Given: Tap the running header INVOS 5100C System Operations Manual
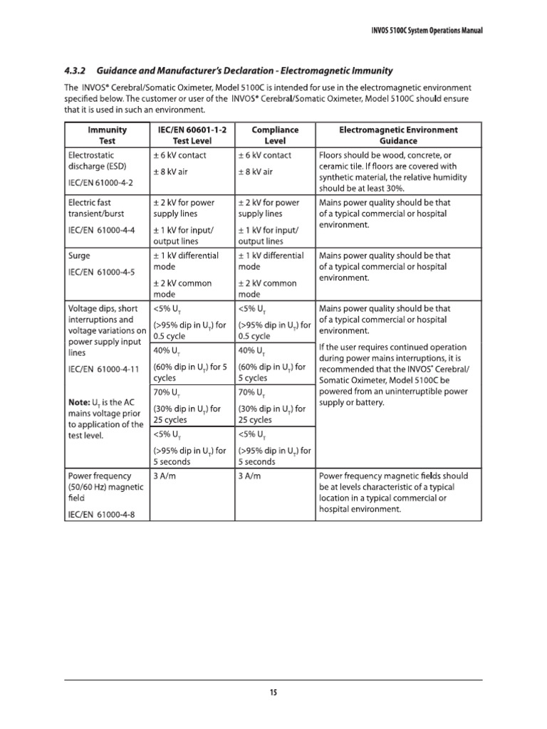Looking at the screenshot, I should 418,33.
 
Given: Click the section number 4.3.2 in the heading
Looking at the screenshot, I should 75,71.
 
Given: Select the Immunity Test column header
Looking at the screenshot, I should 107,135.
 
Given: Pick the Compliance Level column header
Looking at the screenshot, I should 275,135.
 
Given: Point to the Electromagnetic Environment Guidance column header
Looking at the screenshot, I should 398,135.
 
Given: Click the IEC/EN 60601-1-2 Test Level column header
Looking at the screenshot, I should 190,135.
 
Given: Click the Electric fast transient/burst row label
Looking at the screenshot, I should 99,208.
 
